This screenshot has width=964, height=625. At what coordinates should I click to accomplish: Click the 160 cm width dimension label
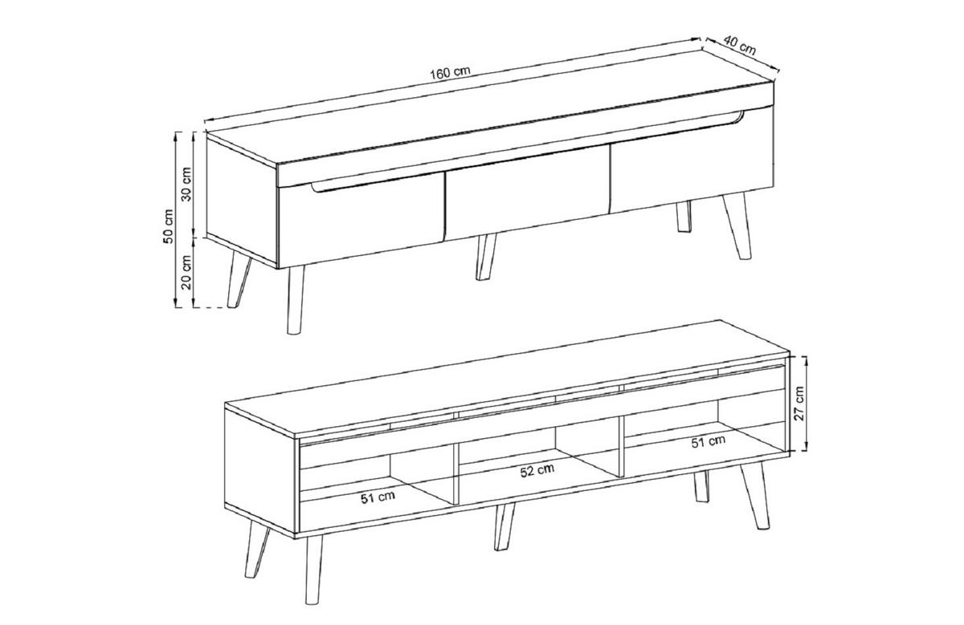[x=450, y=73]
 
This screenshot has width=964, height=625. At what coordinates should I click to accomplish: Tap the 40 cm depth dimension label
[x=739, y=46]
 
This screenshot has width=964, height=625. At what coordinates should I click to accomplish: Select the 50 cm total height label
[x=168, y=226]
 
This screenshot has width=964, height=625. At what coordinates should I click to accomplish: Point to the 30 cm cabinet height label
[x=186, y=184]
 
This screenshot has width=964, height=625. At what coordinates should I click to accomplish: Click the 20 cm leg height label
[x=186, y=272]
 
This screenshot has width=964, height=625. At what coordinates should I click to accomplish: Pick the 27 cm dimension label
[x=799, y=404]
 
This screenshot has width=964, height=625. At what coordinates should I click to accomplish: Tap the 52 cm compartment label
[x=537, y=471]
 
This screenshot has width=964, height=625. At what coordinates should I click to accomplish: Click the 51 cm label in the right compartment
[x=709, y=441]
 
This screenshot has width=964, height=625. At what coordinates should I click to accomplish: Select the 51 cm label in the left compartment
[x=378, y=497]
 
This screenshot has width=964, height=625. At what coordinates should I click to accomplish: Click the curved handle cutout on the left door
[x=374, y=185]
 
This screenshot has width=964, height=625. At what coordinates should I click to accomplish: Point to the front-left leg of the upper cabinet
[x=296, y=299]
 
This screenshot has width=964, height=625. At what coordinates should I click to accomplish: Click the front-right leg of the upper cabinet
[x=737, y=225]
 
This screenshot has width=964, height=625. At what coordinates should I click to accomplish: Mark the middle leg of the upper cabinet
[x=486, y=257]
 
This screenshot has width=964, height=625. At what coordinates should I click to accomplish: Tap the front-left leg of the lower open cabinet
[x=313, y=569]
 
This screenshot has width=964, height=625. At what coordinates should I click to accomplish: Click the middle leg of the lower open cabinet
[x=504, y=526]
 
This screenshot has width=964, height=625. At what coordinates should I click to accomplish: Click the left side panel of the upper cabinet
[x=242, y=200]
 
